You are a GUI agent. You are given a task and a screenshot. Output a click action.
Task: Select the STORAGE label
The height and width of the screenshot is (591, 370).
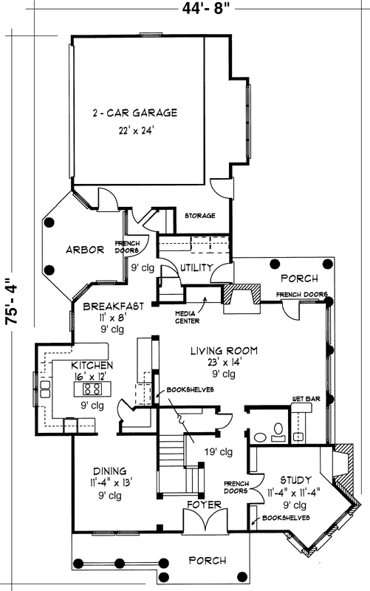pyautogui.click(x=199, y=216)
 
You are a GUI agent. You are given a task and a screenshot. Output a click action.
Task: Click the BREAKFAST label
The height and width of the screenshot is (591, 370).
pyautogui.click(x=112, y=306)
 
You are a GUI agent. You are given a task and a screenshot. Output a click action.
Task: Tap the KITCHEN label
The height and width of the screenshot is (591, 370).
pyautogui.click(x=92, y=366)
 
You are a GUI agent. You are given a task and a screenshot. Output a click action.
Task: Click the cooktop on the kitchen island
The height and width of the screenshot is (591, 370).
pyautogui.click(x=93, y=389)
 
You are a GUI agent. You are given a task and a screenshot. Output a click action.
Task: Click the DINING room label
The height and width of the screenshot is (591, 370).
pyautogui.click(x=109, y=471)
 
